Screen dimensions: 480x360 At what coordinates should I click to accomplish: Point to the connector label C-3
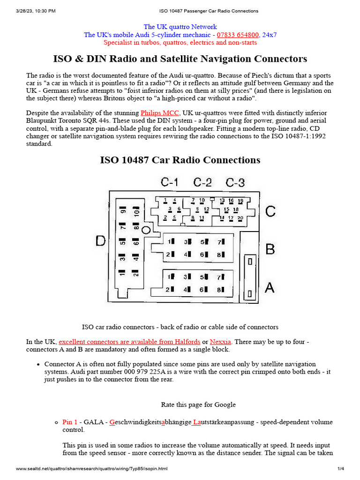pos(235,182)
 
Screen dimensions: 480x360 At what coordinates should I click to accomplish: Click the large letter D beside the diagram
pos(101,241)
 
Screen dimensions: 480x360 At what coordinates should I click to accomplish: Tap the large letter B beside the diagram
pos(270,249)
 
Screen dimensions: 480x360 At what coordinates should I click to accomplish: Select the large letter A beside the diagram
pos(270,287)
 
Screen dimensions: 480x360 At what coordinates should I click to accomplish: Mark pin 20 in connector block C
pos(240,218)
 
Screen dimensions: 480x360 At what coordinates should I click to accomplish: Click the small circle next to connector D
pos(146,230)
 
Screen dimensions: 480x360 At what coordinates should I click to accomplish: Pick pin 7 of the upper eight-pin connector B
pos(220,242)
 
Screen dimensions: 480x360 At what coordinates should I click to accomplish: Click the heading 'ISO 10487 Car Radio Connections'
pos(180,160)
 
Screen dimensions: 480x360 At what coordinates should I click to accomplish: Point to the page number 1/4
pos(341,469)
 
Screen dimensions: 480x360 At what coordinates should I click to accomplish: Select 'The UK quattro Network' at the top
pos(180,27)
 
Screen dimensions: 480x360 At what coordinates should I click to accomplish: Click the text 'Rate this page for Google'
pos(198,405)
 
